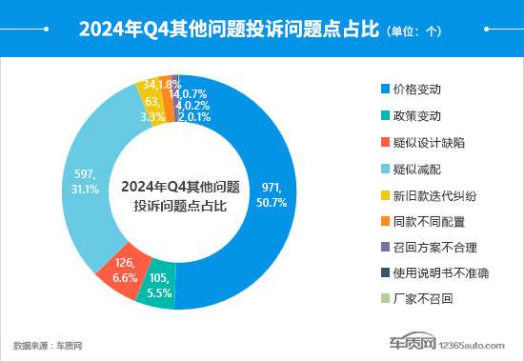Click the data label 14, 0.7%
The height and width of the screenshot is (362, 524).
point(189,94)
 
